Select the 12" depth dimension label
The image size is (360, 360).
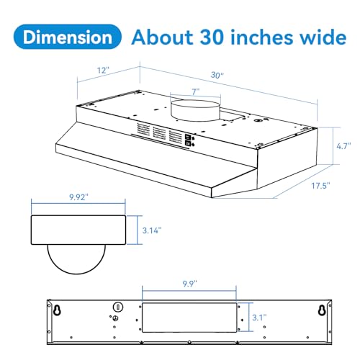[x=102, y=71]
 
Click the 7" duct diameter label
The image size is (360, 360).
[x=196, y=92]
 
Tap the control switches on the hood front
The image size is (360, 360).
[x=189, y=140]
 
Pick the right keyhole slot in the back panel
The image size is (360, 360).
[x=321, y=311]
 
